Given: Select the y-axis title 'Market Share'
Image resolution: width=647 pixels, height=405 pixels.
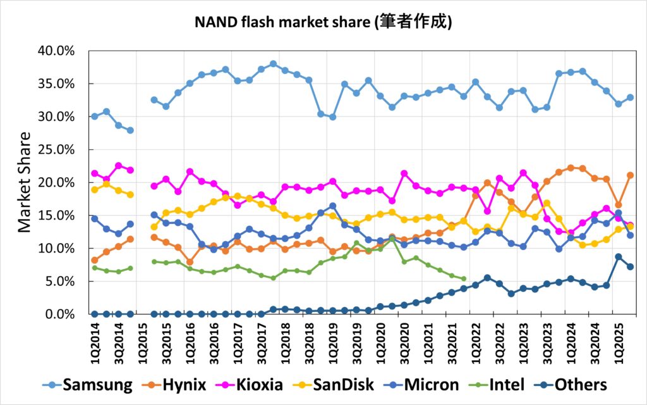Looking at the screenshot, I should point(24,182).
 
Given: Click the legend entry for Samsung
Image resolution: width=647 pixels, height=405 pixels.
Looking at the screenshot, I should point(88,385).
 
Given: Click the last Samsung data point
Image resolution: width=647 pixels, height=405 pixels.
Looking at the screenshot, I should point(630,97).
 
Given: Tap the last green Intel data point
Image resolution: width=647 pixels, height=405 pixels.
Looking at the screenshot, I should point(464,278).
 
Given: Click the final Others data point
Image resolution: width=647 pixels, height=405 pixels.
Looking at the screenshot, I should point(630,266).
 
